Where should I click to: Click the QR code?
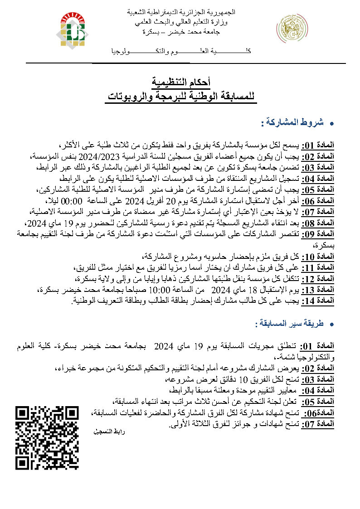(47, 437)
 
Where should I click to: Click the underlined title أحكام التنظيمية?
(180, 82)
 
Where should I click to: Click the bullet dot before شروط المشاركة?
(331, 123)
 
